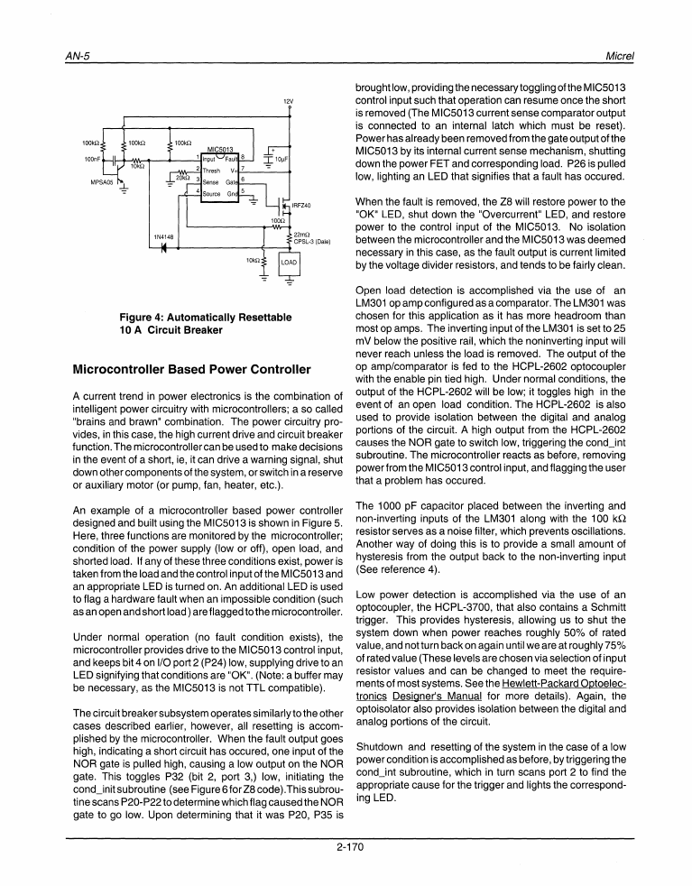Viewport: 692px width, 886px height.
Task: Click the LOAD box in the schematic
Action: (289, 262)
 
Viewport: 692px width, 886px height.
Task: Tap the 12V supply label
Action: (289, 100)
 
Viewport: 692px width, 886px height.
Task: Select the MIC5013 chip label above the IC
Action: (221, 149)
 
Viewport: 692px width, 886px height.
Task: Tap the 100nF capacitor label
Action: (92, 160)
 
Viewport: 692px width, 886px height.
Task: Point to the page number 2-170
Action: (346, 845)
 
